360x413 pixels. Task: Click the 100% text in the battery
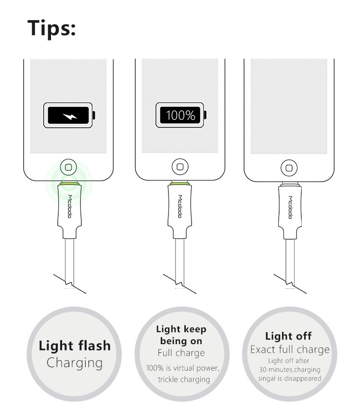click(x=180, y=116)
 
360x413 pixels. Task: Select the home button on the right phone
click(x=289, y=168)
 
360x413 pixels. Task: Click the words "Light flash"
click(x=75, y=346)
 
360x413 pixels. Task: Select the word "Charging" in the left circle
click(x=75, y=362)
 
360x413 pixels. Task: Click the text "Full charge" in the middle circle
click(x=181, y=353)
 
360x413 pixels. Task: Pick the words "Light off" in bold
click(x=289, y=336)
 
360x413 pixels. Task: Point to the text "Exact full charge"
click(x=290, y=349)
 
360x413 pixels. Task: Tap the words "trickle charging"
click(x=184, y=379)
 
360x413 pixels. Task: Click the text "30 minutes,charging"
click(x=289, y=370)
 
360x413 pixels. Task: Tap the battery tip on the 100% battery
click(x=206, y=116)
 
